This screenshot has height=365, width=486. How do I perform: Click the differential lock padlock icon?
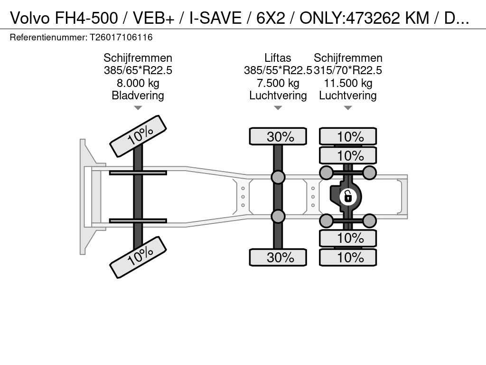click(348, 197)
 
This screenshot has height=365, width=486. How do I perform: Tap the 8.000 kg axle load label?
click(138, 83)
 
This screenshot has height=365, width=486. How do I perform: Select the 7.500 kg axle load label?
click(278, 83)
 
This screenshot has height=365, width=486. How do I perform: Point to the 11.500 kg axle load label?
click(348, 83)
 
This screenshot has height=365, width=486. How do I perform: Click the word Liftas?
click(278, 58)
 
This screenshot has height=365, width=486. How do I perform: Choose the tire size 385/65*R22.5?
click(138, 70)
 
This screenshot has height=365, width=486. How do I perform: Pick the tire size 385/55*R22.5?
click(278, 70)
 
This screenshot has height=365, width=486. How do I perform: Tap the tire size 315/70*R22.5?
click(348, 70)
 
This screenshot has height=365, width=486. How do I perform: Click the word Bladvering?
click(138, 96)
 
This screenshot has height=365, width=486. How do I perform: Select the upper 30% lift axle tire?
click(278, 136)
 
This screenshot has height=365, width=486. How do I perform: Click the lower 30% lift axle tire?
click(278, 257)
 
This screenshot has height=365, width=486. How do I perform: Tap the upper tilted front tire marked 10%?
click(138, 136)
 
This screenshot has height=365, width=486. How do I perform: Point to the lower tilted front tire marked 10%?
click(138, 257)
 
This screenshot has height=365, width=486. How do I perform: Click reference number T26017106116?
click(121, 38)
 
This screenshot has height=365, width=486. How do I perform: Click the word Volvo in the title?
click(30, 18)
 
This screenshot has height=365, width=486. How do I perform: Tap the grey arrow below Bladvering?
click(138, 108)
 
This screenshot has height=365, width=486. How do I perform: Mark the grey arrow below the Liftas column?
click(278, 108)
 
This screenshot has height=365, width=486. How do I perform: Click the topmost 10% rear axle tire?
click(348, 136)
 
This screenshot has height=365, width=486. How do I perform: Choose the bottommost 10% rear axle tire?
click(348, 257)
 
